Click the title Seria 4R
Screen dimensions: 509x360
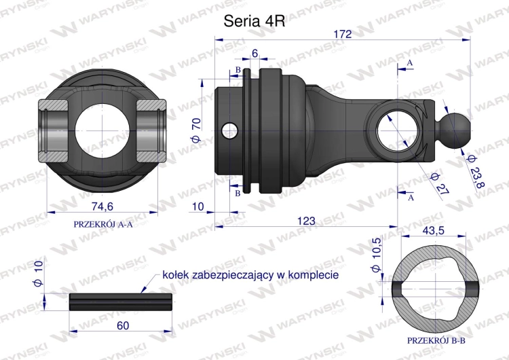click(254, 22)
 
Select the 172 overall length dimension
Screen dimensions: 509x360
click(343, 34)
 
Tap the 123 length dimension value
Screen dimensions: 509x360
click(306, 221)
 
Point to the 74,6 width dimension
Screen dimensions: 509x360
click(102, 206)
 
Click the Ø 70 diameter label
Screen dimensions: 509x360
click(197, 130)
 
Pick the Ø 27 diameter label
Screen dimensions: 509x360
click(440, 184)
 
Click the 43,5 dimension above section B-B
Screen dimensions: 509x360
click(434, 230)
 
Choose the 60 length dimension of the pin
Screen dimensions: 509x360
click(123, 325)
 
